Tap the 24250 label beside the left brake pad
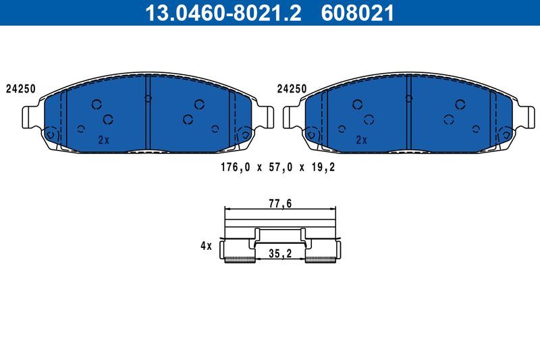20,88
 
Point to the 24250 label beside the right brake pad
292,88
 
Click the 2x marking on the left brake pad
103,140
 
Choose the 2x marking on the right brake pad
361,140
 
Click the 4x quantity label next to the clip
206,247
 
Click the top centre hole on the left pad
148,98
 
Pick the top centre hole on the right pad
408,98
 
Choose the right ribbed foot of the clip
321,259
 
